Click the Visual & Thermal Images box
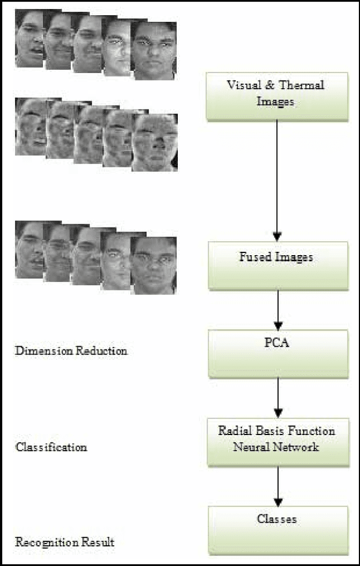pos(276,94)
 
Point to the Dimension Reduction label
pos(71,351)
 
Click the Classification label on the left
pos(51,447)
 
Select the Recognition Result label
pos(65,542)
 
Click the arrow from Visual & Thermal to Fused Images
pos(276,180)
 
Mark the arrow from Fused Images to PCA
pos(276,310)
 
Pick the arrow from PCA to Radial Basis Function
pos(276,397)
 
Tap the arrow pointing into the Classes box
pos(276,486)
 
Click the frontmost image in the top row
pos(154,51)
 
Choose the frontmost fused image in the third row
pos(154,265)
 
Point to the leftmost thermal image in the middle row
pos(28,126)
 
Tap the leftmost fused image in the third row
pos(28,249)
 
